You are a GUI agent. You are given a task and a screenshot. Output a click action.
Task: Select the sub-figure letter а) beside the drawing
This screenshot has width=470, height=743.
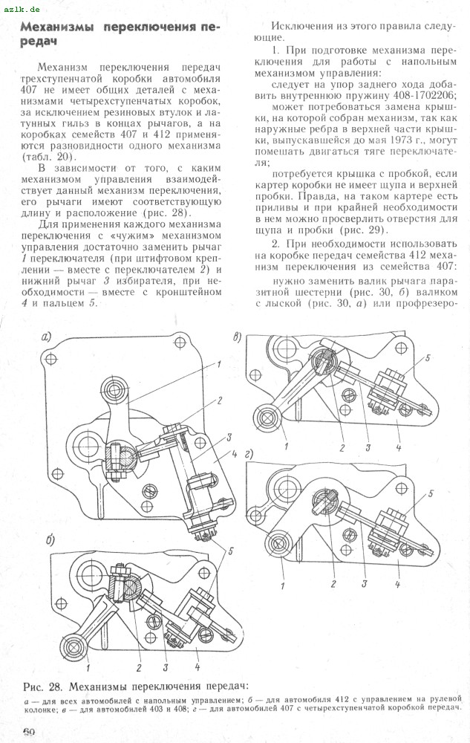pos(47,337)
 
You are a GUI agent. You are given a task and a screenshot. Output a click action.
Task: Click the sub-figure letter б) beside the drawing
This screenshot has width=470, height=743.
pos(49,539)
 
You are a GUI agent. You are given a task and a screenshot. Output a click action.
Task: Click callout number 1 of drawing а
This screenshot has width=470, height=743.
pos(221,363)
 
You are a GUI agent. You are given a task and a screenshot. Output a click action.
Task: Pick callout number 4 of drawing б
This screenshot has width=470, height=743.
pos(197,658)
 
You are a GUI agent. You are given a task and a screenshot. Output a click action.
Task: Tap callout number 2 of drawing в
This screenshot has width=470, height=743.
pos(342,448)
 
